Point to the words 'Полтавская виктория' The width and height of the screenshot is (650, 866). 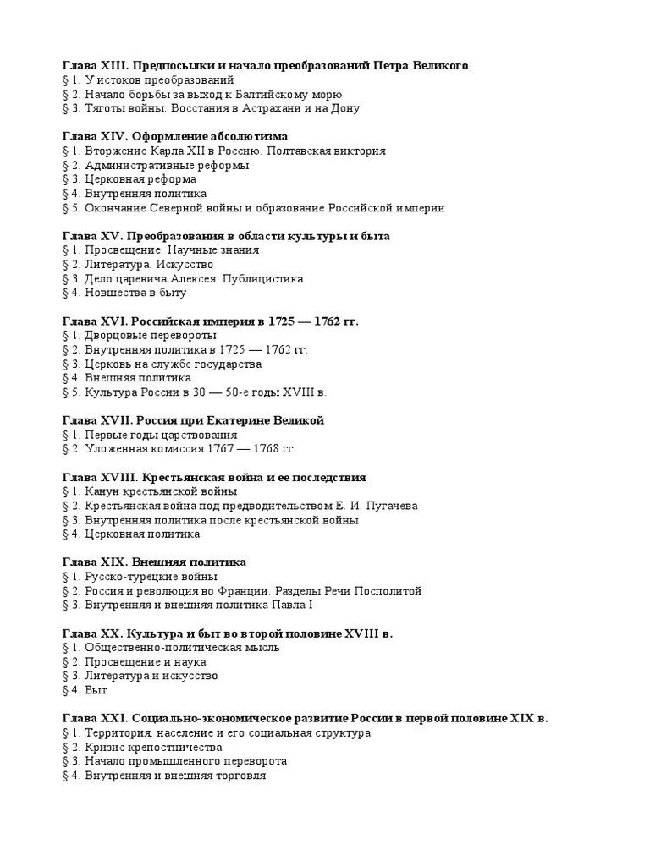click(331, 151)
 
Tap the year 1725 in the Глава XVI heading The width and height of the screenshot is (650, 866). click(284, 321)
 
